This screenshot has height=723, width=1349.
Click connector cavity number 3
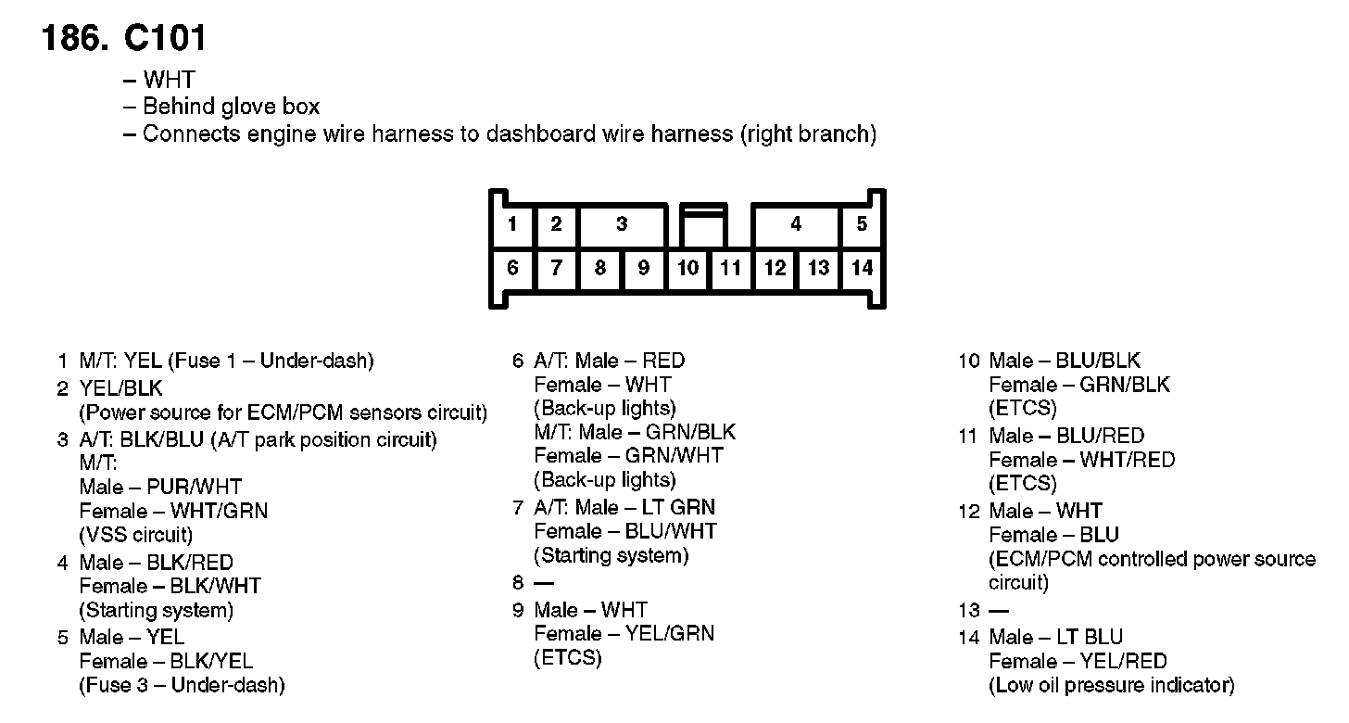point(622,224)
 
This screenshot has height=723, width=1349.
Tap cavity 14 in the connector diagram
point(862,269)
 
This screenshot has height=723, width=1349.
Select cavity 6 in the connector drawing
point(512,269)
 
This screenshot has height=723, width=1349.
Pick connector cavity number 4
point(796,224)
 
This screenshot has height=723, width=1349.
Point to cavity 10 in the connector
point(687,269)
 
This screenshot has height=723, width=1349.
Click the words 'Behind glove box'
point(232,107)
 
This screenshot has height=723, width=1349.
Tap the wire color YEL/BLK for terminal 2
point(121,388)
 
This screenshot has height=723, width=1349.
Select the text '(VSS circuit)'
point(136,535)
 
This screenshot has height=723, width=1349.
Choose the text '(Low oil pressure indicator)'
point(1112,686)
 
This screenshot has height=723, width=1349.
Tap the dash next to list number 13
point(999,611)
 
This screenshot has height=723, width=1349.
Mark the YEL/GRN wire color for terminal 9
point(670,634)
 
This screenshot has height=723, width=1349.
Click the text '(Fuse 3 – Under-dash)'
point(182,686)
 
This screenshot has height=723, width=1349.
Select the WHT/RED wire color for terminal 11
point(1127,460)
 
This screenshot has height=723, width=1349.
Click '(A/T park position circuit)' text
point(323,439)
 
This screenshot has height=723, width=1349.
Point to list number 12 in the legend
point(969,511)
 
